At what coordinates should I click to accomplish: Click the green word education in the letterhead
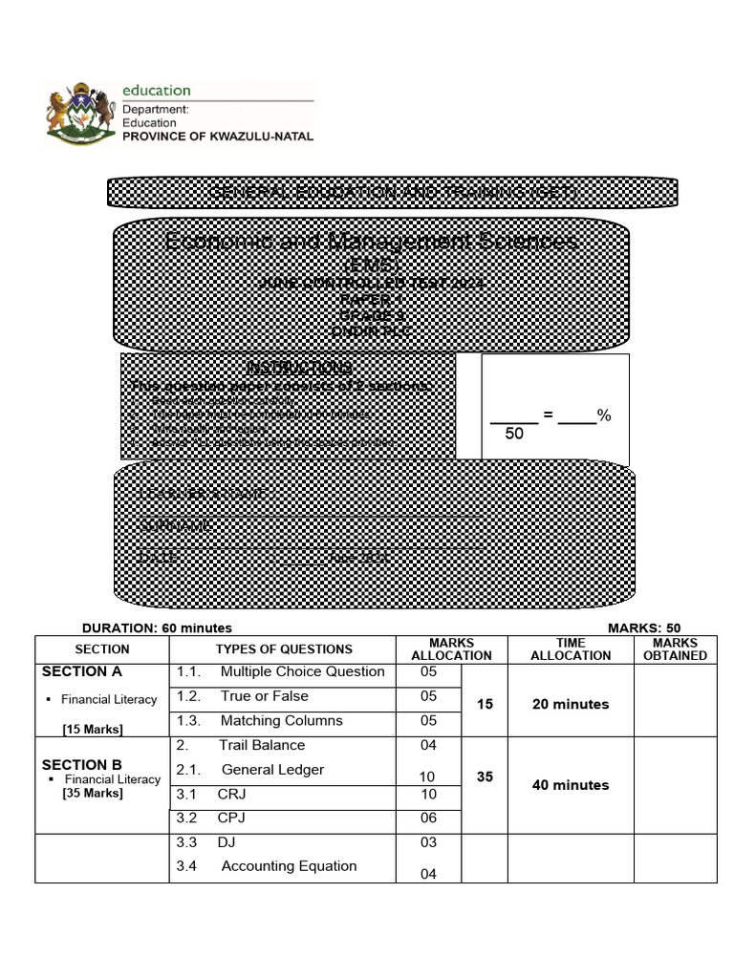point(156,91)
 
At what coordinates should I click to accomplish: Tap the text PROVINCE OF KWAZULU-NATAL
point(217,137)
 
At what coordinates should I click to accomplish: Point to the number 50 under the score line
point(514,435)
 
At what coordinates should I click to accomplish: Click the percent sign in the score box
point(604,415)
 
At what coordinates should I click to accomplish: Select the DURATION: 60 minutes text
point(157,627)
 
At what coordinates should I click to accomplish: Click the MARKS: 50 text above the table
point(644,627)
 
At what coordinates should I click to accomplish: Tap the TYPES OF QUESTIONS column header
point(284,648)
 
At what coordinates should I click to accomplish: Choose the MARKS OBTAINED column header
point(675,649)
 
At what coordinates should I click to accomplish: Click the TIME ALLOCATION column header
point(571,649)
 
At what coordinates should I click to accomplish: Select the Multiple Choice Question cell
point(302,671)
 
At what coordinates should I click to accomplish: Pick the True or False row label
point(264,696)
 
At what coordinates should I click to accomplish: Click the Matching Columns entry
point(281,721)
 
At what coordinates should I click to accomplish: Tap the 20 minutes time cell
point(571,704)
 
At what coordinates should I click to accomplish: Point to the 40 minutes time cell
point(571,785)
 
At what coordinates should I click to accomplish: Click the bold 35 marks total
point(485,777)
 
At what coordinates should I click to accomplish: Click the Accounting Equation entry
point(289,866)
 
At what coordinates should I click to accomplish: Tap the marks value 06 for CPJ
point(428,819)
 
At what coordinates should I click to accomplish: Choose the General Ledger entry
point(272,770)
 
